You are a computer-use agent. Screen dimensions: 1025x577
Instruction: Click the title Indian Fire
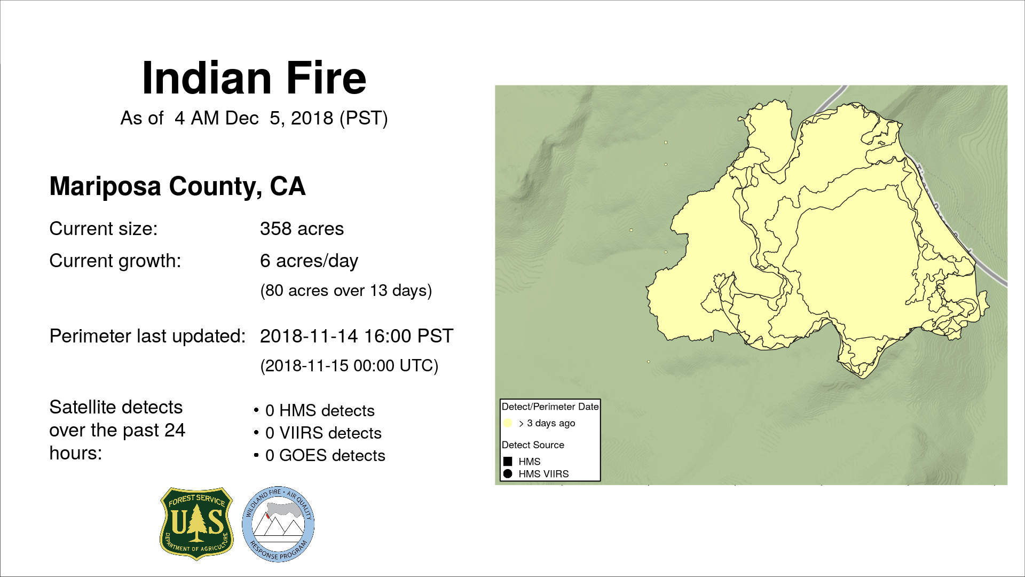pos(254,78)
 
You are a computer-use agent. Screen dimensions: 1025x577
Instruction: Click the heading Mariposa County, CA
pos(177,186)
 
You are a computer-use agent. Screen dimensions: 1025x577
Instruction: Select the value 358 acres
pos(302,229)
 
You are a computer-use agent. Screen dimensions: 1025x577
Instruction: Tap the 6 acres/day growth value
pos(309,261)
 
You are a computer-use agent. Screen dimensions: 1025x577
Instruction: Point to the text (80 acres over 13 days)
pos(346,291)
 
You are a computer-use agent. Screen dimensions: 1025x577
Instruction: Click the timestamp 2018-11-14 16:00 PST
pos(357,336)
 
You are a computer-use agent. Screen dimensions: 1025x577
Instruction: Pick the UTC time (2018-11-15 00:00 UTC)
pos(349,366)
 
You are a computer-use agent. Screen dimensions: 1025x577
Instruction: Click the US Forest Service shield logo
pos(196,524)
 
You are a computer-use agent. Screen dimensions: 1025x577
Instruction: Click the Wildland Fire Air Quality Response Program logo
pos(278,524)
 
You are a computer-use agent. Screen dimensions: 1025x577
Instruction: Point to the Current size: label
pos(104,229)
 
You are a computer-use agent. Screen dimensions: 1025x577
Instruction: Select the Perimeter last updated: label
pos(147,336)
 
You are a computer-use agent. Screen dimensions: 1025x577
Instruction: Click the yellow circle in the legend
pos(508,423)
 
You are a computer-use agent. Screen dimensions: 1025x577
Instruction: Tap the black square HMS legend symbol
pos(508,461)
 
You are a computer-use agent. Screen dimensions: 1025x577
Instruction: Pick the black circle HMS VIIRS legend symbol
pos(508,474)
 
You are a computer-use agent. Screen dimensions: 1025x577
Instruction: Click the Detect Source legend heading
pos(533,445)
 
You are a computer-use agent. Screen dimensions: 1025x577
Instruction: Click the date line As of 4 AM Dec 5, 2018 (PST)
pos(254,118)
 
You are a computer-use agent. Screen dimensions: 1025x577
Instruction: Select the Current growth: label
pos(115,261)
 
